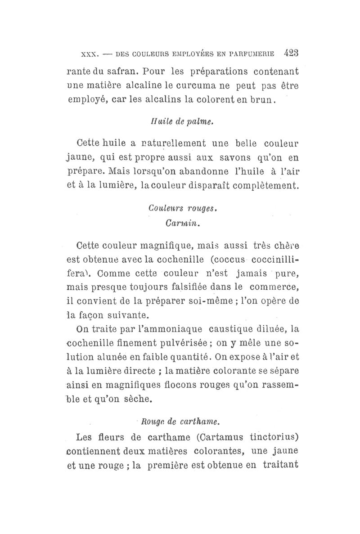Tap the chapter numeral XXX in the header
click(x=86, y=54)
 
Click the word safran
click(x=108, y=71)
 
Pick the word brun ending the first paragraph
click(x=260, y=100)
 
